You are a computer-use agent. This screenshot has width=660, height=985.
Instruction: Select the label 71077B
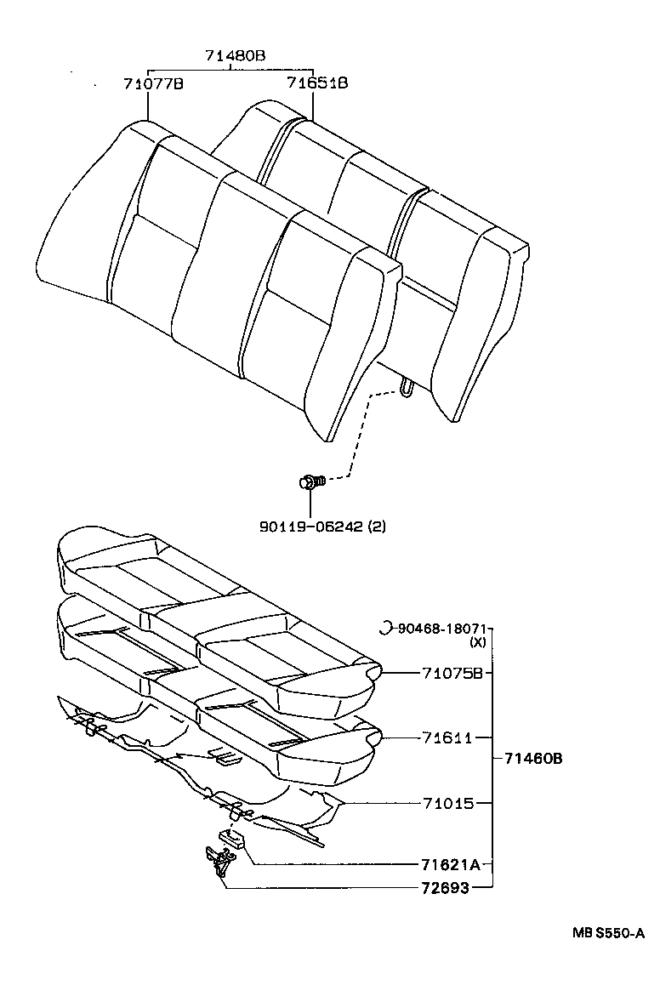(153, 83)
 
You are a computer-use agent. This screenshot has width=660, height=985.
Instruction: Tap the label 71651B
(316, 83)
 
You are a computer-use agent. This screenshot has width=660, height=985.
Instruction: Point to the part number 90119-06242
(311, 527)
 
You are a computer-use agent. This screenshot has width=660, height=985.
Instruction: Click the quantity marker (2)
(377, 527)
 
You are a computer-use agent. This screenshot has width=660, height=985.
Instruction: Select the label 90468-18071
(440, 629)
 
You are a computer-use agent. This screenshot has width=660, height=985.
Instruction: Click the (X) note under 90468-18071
(477, 643)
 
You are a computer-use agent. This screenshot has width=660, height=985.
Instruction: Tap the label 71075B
(452, 673)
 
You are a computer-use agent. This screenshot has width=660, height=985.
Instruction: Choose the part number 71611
(447, 737)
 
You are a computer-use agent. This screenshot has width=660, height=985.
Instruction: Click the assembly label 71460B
(533, 759)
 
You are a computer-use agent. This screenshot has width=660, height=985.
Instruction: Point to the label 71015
(447, 802)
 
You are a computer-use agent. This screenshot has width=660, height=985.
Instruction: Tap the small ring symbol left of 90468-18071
(384, 629)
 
